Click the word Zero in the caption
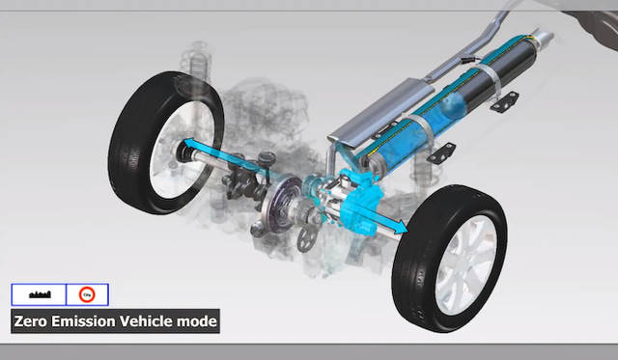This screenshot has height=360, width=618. point(35,320)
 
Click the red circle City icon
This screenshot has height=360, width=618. point(85,293)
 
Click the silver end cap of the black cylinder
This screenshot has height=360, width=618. point(541,41)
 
